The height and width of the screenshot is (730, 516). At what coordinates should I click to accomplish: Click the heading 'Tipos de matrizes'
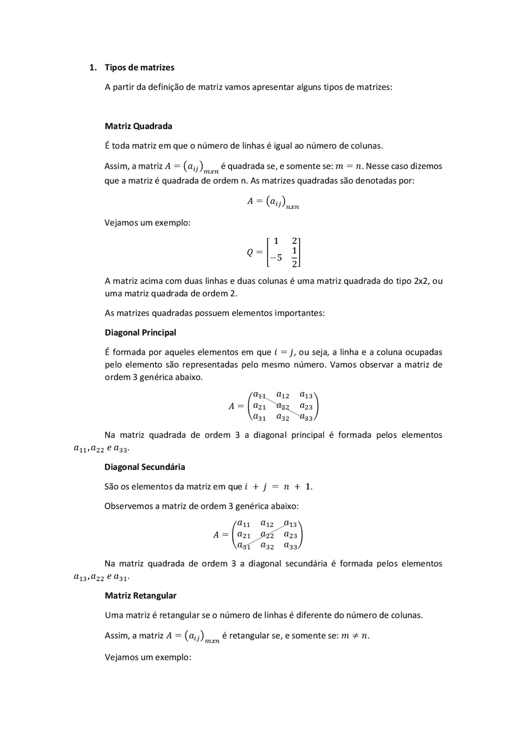(x=139, y=67)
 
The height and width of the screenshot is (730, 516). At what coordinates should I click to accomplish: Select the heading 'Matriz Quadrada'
(x=138, y=126)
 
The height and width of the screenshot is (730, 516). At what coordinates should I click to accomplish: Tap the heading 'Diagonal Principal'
(x=140, y=333)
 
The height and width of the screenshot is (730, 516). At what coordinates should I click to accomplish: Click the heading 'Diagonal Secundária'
(x=145, y=467)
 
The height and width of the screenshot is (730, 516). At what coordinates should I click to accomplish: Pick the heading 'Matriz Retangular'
(x=140, y=595)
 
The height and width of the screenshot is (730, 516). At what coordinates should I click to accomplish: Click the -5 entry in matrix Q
(x=276, y=257)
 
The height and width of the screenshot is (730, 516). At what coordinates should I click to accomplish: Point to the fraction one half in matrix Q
(x=294, y=257)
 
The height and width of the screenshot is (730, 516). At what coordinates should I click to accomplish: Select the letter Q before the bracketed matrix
(x=250, y=253)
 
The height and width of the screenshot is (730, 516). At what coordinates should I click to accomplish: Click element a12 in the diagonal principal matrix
(x=283, y=395)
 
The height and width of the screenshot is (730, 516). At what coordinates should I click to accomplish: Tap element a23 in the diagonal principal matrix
(x=306, y=406)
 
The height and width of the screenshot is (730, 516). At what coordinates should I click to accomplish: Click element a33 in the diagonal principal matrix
(x=306, y=418)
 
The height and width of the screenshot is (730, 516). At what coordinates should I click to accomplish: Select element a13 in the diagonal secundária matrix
(x=290, y=524)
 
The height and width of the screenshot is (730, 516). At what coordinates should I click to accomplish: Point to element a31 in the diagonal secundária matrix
(x=243, y=546)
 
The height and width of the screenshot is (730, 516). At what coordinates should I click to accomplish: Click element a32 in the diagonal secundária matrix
(x=267, y=546)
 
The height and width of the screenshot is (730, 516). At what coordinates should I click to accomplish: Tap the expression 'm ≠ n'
(x=355, y=636)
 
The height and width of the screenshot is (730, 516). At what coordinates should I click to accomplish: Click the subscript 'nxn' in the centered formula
(x=292, y=207)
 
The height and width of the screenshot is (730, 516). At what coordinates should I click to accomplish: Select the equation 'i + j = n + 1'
(x=278, y=487)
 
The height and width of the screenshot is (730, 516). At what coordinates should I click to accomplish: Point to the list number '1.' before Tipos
(x=93, y=67)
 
